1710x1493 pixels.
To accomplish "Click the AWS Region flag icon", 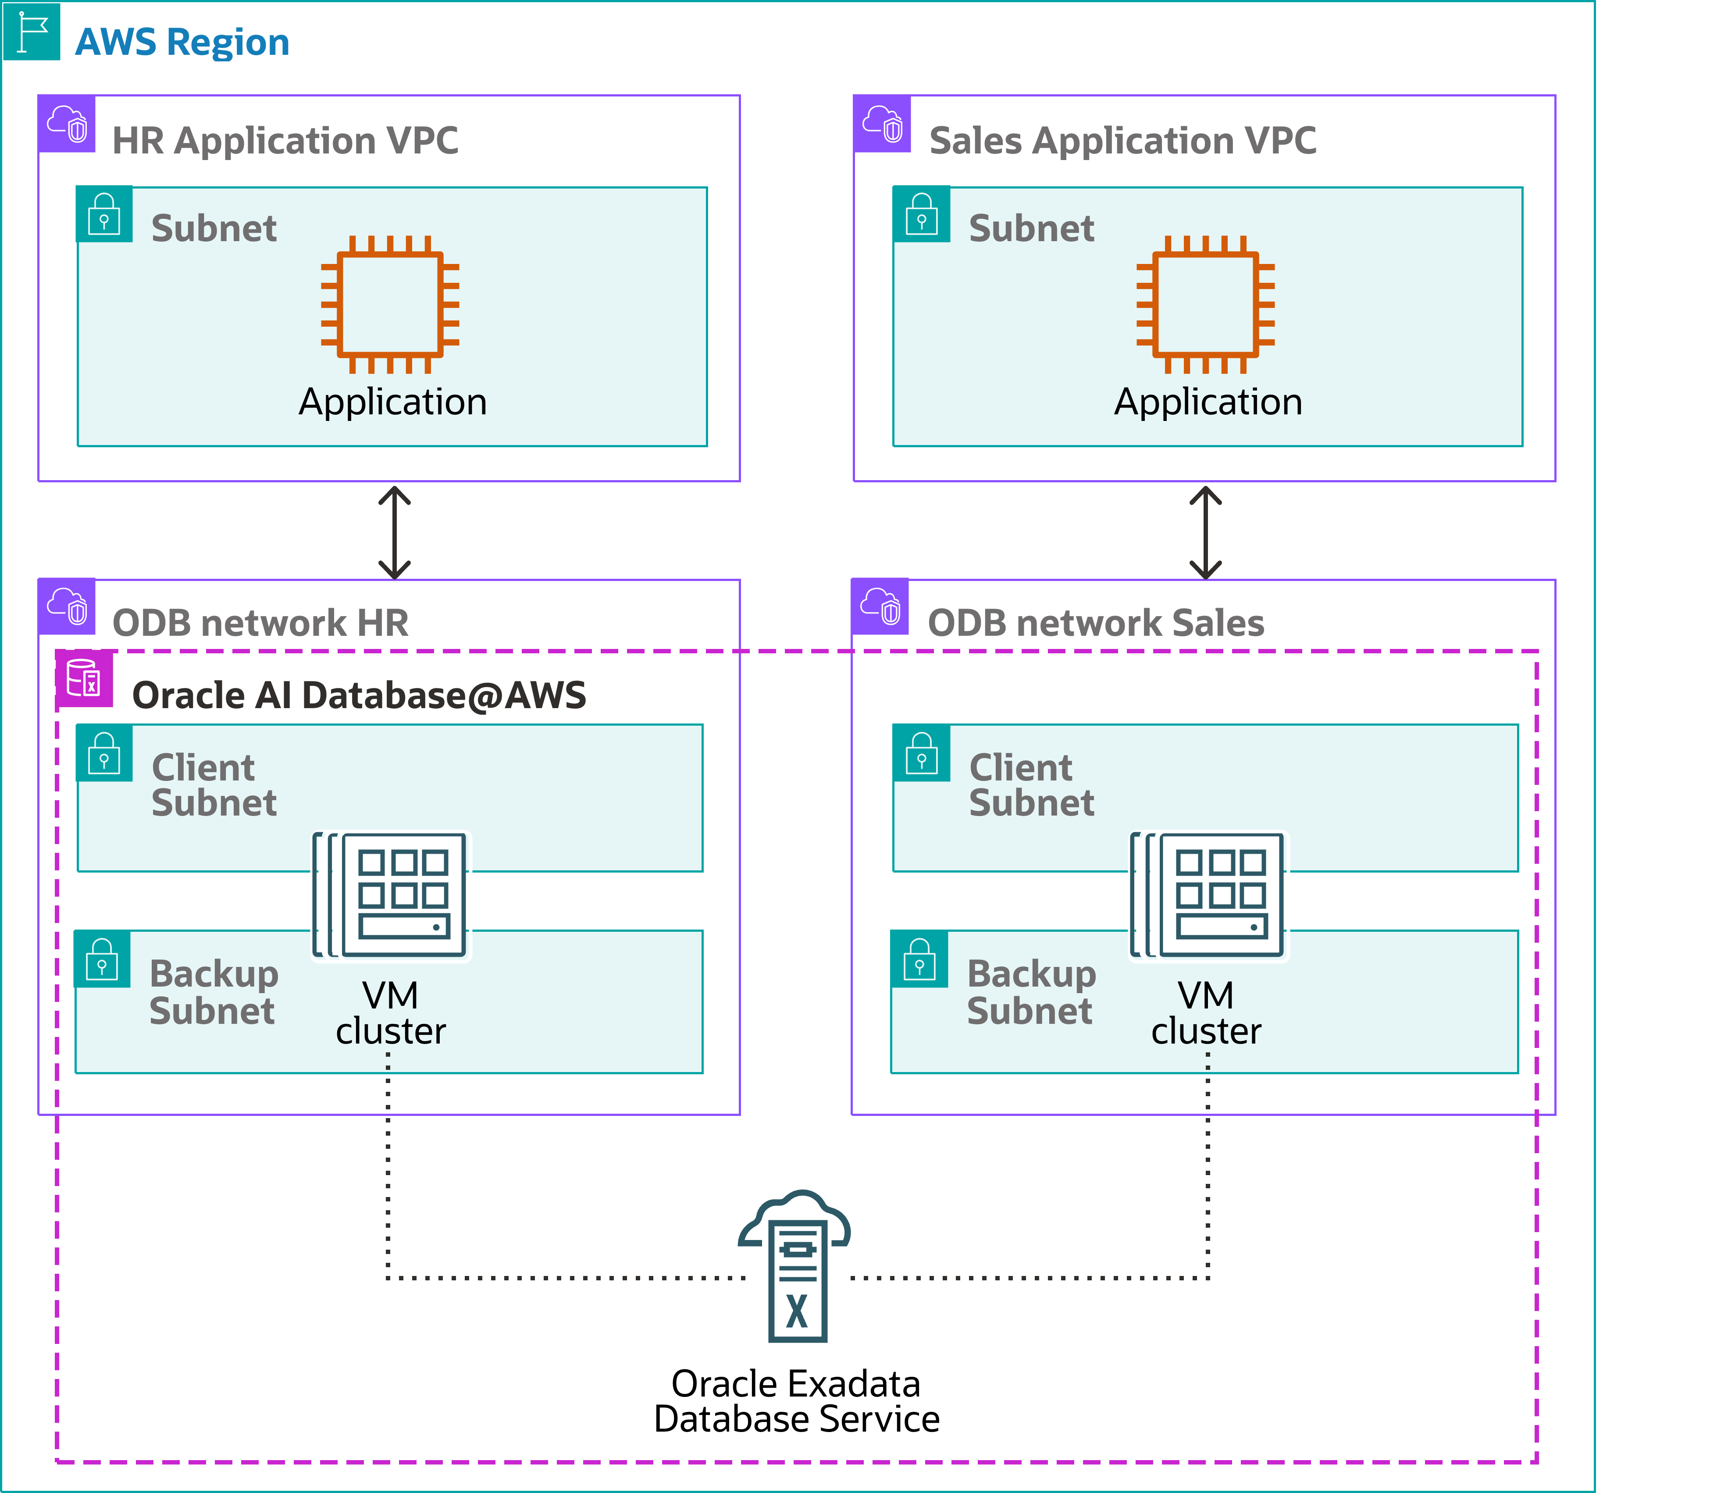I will click(32, 32).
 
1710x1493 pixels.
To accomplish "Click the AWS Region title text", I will click(182, 42).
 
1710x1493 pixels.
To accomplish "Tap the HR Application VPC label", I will click(285, 140).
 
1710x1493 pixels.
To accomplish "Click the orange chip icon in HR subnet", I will click(390, 305).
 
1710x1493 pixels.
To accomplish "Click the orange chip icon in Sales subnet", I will click(1205, 305).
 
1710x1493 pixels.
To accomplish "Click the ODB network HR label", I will click(260, 622).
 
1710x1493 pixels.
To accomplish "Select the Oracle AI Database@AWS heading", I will click(359, 695).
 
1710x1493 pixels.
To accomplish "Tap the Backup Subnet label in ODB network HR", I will click(213, 991).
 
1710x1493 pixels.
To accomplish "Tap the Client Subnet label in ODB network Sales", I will click(1031, 785).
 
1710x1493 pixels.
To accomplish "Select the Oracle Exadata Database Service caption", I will click(796, 1401).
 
